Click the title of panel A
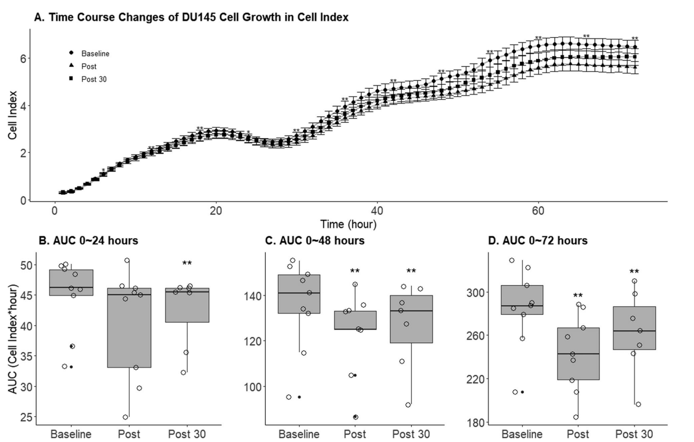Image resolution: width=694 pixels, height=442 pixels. pyautogui.click(x=191, y=18)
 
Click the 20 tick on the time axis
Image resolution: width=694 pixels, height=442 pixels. pyautogui.click(x=215, y=210)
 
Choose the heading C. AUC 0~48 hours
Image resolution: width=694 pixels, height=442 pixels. pyautogui.click(x=315, y=241)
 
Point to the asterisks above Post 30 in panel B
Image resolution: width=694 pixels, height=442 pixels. pyautogui.click(x=187, y=264)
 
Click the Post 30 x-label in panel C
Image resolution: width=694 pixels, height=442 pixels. pyautogui.click(x=411, y=434)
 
